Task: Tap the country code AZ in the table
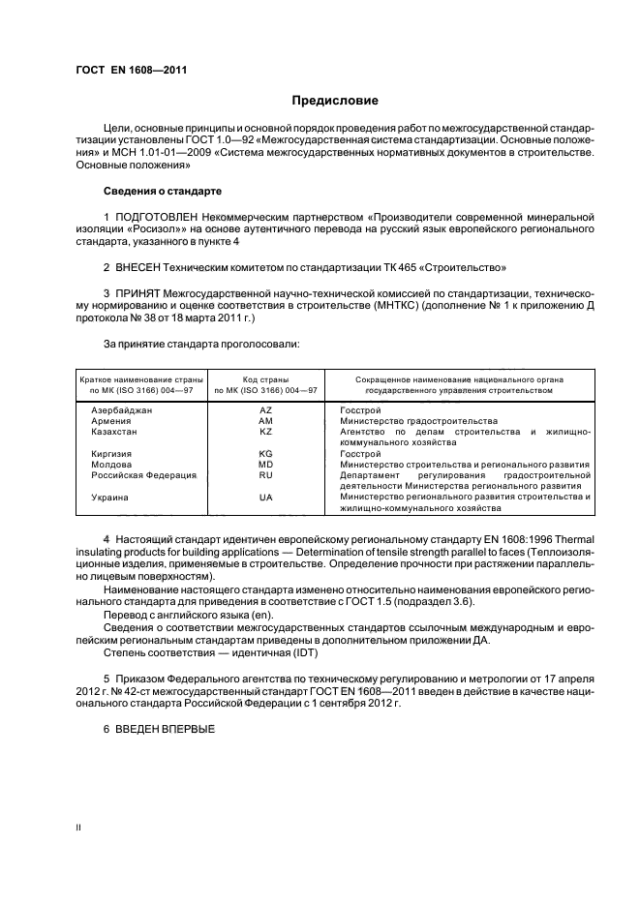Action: point(264,410)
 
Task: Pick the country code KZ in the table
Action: point(264,432)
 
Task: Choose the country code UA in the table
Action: point(264,497)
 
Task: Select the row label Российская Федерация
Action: point(143,475)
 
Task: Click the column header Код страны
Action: point(264,380)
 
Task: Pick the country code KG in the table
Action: point(264,454)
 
